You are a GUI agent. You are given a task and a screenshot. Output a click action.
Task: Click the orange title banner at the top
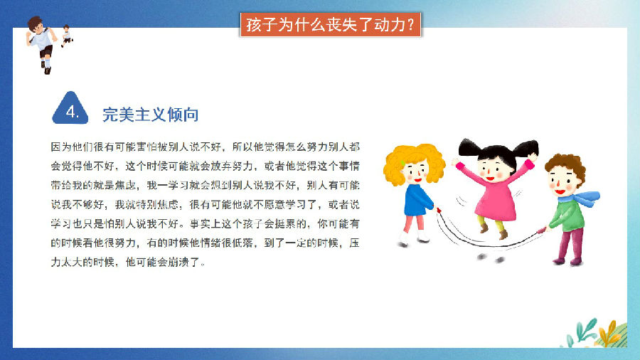tap(331, 25)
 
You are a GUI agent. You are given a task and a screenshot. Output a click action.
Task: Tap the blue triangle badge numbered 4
tap(70, 109)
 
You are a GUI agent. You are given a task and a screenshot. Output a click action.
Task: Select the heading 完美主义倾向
tap(150, 115)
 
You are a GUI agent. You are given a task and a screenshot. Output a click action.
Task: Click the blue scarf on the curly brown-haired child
tap(580, 198)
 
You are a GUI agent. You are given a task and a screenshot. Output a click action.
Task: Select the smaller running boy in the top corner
tap(67, 36)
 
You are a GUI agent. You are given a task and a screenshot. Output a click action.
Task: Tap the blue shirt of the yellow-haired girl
tap(417, 201)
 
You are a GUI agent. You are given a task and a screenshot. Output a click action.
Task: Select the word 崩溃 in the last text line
tap(178, 262)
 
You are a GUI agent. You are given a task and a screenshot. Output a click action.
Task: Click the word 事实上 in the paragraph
tap(206, 223)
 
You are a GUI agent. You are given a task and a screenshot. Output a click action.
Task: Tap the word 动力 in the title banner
tap(389, 25)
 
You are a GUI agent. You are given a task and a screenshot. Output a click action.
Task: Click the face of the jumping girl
tap(494, 169)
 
